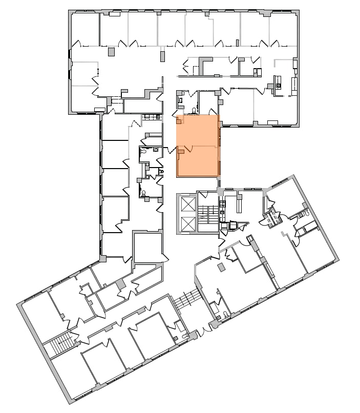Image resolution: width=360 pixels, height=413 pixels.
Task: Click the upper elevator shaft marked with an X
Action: click(188, 204)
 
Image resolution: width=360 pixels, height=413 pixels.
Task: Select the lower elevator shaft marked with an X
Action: click(188, 223)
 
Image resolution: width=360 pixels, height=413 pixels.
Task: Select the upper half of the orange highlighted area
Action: click(198, 131)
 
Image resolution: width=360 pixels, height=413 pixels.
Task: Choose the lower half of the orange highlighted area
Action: click(198, 161)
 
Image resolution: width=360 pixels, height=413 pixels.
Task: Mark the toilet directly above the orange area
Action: click(193, 110)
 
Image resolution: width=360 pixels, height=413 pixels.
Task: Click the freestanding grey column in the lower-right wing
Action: click(221, 267)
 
